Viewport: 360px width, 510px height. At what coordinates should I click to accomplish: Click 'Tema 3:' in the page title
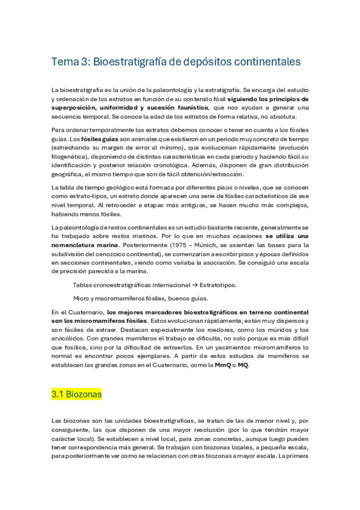click(69, 63)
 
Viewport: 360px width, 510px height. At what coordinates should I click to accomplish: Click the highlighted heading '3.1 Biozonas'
click(76, 395)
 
